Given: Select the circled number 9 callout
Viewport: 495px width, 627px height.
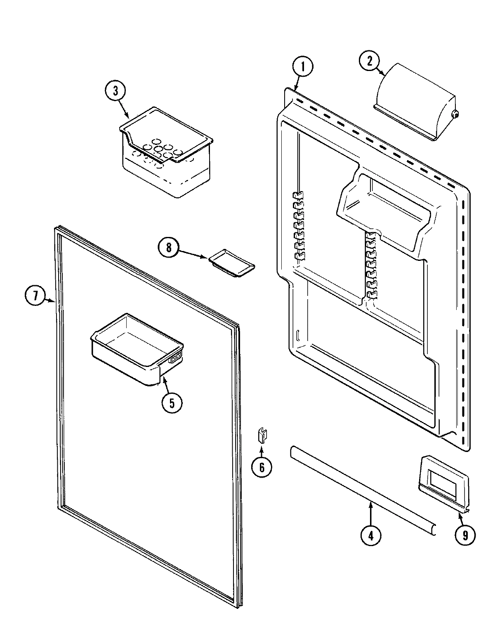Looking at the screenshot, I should pyautogui.click(x=465, y=535).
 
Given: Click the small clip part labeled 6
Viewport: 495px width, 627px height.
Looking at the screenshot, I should pyautogui.click(x=262, y=435).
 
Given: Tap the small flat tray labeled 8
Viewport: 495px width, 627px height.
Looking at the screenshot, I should pyautogui.click(x=232, y=263).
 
